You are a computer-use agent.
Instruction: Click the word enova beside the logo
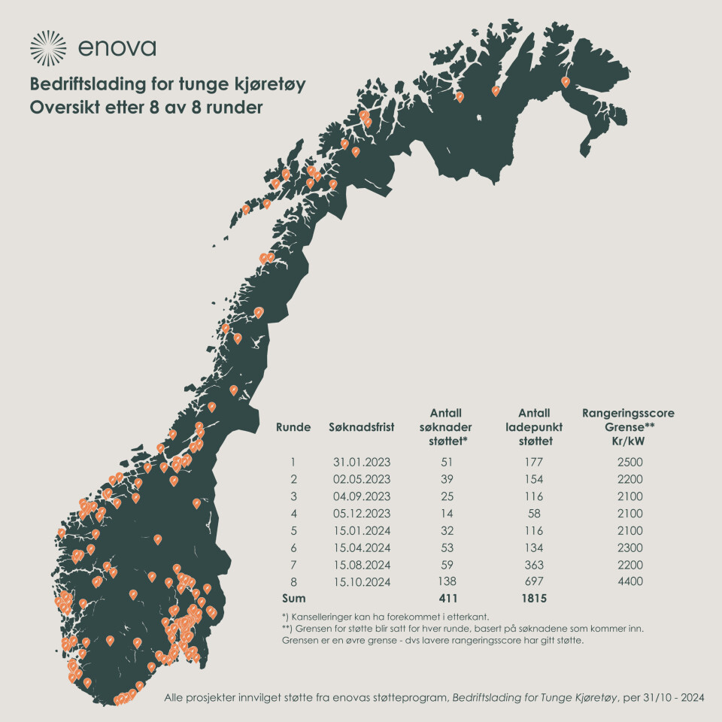coord(116,48)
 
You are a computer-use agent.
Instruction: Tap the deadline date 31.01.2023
coord(361,462)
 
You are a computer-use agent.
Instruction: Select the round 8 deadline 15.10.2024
coord(361,581)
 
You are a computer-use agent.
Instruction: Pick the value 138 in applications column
coord(446,581)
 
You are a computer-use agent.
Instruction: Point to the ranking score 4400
coord(628,581)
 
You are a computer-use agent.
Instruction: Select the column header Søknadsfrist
coord(362,427)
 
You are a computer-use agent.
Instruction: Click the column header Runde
coord(293,427)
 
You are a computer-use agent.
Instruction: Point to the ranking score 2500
coord(628,462)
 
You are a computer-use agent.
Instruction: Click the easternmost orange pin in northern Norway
coord(566,81)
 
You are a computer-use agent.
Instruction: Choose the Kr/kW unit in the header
coord(628,441)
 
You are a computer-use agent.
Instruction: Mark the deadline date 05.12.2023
coord(361,513)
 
